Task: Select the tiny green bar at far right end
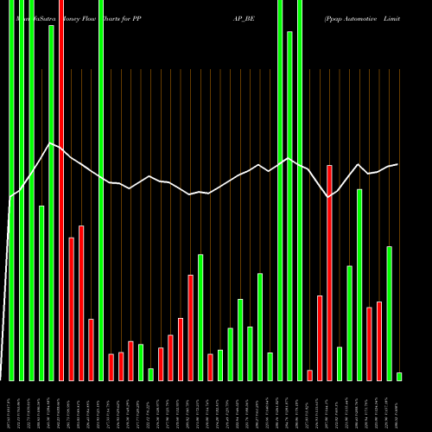click(x=399, y=376)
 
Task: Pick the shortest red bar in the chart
click(x=309, y=375)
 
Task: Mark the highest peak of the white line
click(x=51, y=143)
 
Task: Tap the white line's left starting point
click(x=10, y=198)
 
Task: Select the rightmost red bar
click(x=379, y=340)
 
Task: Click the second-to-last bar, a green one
click(x=390, y=313)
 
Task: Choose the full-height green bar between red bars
click(x=101, y=190)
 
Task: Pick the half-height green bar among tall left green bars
click(x=41, y=293)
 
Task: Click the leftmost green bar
click(x=11, y=190)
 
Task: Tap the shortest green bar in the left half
click(x=150, y=374)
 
